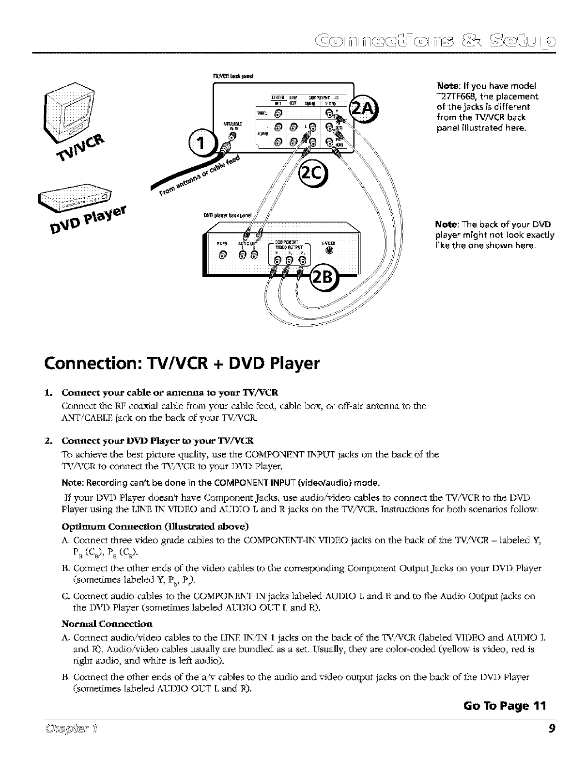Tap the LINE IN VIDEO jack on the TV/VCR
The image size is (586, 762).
pos(278,114)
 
